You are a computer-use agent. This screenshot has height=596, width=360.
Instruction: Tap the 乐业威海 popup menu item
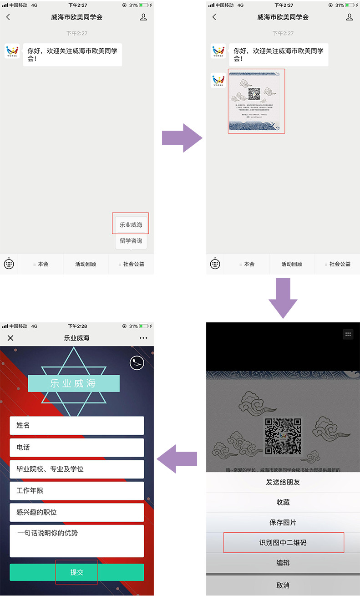pyautogui.click(x=131, y=225)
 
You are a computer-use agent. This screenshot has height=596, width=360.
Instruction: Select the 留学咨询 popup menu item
pyautogui.click(x=131, y=241)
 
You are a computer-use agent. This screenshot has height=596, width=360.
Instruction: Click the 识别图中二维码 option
pyautogui.click(x=283, y=543)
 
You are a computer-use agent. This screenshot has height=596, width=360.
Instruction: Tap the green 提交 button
pyautogui.click(x=77, y=572)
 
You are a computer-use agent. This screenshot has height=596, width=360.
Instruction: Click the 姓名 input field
pyautogui.click(x=77, y=425)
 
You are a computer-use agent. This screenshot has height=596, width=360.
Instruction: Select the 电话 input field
pyautogui.click(x=77, y=448)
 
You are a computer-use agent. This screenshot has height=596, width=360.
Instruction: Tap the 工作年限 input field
pyautogui.click(x=77, y=491)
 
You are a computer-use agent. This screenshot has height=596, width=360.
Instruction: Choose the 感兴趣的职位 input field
pyautogui.click(x=77, y=512)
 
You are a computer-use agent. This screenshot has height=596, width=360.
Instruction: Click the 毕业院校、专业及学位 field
pyautogui.click(x=77, y=469)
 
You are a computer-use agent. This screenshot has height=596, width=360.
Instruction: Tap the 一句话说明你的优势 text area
pyautogui.click(x=77, y=541)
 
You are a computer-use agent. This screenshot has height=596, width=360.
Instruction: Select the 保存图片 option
pyautogui.click(x=283, y=523)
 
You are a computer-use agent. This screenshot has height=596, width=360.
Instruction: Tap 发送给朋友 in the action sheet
pyautogui.click(x=283, y=482)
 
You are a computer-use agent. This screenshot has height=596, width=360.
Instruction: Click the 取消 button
pyautogui.click(x=283, y=585)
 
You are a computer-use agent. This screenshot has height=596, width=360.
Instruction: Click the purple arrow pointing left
pyautogui.click(x=177, y=459)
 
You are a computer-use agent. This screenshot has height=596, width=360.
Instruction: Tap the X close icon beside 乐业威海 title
pyautogui.click(x=10, y=338)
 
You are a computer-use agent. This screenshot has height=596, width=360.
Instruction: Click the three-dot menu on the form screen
pyautogui.click(x=143, y=338)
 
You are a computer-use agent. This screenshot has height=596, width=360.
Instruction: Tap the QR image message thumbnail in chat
pyautogui.click(x=257, y=101)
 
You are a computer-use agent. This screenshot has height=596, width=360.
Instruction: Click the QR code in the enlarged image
pyautogui.click(x=283, y=436)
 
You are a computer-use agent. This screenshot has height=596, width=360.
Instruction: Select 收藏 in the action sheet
pyautogui.click(x=283, y=502)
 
